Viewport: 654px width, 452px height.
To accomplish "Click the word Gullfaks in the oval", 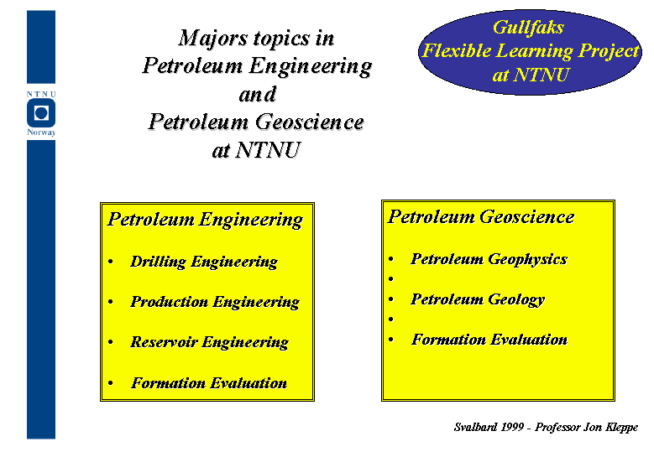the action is click(x=528, y=28).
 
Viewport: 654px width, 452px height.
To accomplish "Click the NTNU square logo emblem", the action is click(x=41, y=113).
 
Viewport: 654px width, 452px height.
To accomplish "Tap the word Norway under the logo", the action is click(x=41, y=132).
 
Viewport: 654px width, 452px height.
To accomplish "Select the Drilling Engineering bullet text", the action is click(x=204, y=262).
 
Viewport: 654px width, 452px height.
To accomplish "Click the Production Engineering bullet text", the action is click(x=215, y=302).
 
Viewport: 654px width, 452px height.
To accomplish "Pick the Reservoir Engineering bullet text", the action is click(x=209, y=342).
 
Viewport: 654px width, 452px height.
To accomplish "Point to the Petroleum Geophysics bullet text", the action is click(x=489, y=259).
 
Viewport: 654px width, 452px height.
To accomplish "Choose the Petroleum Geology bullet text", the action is click(x=478, y=299).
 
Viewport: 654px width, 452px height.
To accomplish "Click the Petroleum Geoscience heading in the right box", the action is click(x=481, y=217).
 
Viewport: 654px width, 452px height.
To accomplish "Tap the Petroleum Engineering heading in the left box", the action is click(x=205, y=220).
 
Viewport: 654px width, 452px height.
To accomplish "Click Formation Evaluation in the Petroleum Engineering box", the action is click(x=209, y=383).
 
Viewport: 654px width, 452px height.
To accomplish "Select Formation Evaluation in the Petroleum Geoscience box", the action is click(x=489, y=340).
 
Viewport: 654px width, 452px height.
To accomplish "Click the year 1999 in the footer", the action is click(x=513, y=427).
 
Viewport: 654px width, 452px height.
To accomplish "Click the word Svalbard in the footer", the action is click(x=475, y=427).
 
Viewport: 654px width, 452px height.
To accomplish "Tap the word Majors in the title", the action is click(x=213, y=39).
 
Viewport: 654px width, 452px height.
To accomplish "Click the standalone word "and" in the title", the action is click(x=258, y=95).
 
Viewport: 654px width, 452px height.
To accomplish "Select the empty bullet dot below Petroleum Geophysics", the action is click(x=391, y=278).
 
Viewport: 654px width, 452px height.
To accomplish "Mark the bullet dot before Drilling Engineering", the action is click(x=111, y=262).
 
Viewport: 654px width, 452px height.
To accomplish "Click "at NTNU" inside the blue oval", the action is click(x=531, y=75).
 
